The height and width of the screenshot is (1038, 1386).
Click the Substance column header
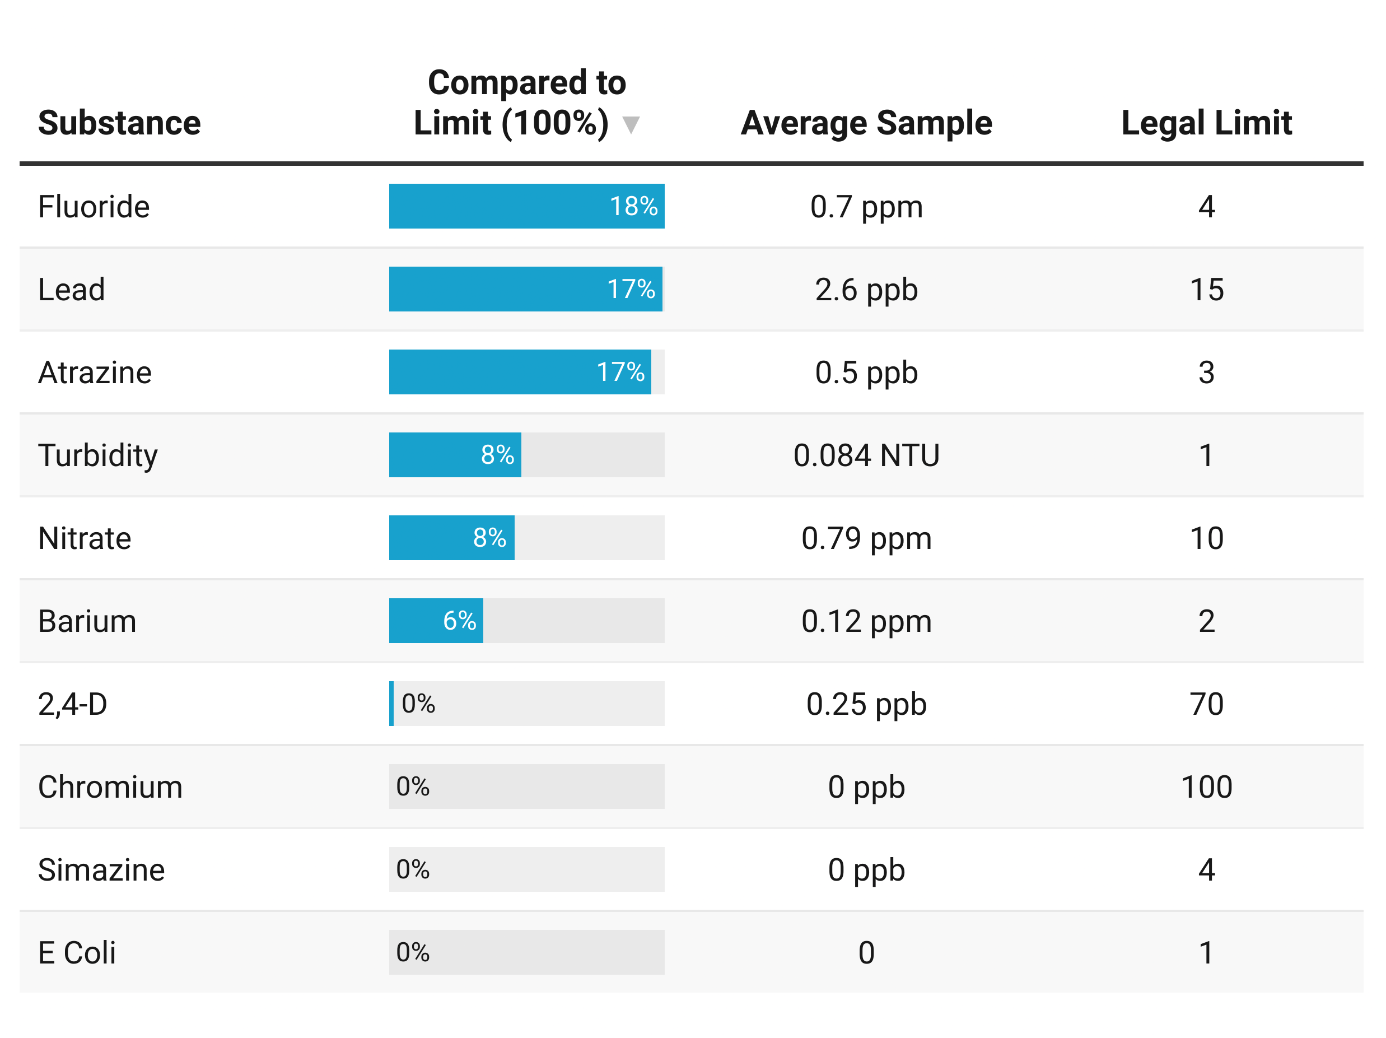[119, 123]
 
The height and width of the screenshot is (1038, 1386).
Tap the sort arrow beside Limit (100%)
[631, 125]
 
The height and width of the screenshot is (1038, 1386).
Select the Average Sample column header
[866, 123]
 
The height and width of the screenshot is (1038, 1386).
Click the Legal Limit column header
[1206, 123]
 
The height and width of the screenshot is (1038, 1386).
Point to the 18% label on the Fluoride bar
[633, 206]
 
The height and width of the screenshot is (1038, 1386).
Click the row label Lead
[72, 290]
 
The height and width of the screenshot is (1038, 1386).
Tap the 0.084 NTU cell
[866, 455]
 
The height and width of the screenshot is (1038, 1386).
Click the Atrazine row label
[95, 373]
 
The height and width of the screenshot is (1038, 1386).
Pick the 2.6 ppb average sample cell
[866, 290]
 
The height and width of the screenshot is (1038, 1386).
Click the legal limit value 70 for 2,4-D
[1206, 704]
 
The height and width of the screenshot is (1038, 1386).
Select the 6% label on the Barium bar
[459, 621]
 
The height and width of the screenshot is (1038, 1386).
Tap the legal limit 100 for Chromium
[1206, 786]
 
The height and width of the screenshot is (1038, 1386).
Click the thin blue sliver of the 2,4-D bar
[391, 703]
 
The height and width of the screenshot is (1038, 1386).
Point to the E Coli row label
[77, 953]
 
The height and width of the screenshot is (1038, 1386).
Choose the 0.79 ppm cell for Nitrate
[866, 538]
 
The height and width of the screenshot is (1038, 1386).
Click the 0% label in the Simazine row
[412, 869]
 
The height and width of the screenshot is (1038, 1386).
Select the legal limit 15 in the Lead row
[1206, 290]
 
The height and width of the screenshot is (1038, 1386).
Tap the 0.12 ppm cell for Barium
[866, 621]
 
